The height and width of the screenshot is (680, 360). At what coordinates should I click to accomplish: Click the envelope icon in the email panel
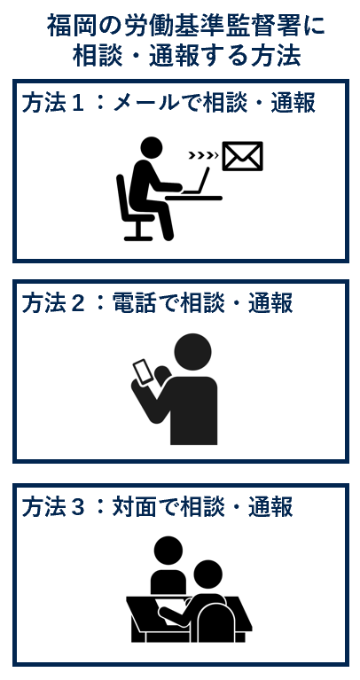point(242,156)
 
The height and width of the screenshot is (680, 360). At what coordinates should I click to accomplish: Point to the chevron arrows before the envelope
point(203,155)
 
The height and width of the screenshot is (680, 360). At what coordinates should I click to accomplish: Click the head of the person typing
point(152,147)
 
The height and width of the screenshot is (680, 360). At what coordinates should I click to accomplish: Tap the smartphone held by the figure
point(144,371)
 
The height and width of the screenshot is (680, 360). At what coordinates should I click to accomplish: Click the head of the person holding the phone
point(192,352)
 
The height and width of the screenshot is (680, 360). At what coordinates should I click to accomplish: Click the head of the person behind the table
point(168,551)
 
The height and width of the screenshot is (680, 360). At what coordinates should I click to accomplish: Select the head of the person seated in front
point(207,574)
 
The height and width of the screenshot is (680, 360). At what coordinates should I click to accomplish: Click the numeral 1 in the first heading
point(78,104)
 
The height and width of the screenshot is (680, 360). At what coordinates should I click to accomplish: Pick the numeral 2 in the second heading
point(77,302)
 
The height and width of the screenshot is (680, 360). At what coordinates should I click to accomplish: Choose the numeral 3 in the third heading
point(77,506)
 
